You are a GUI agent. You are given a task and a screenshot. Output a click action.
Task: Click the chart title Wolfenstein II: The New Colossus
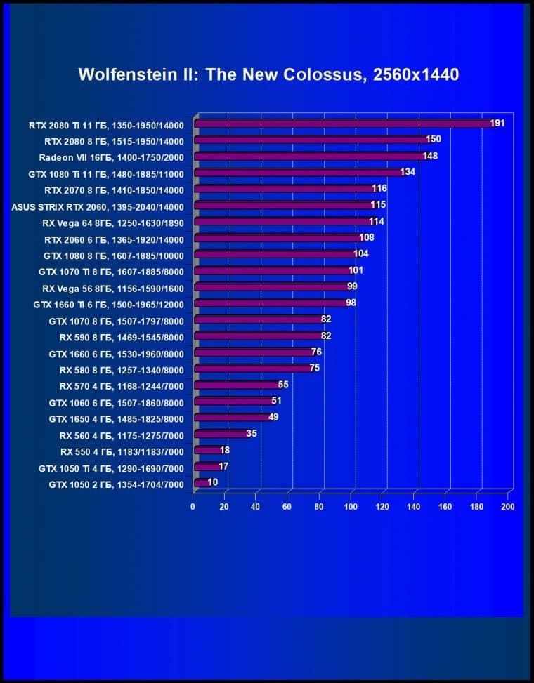[268, 74]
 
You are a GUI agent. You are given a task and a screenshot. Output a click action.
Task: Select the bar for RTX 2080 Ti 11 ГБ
[344, 124]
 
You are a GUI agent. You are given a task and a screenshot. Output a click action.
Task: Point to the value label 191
[497, 124]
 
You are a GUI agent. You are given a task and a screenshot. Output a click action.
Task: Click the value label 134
[408, 172]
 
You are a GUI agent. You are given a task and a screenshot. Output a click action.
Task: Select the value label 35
[252, 434]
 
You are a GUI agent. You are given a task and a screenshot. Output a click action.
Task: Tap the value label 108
[367, 238]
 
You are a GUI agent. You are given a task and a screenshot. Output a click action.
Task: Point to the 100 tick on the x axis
[350, 507]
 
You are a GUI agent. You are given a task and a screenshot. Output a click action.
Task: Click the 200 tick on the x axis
[507, 507]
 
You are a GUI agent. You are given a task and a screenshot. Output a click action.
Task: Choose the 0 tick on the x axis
[193, 507]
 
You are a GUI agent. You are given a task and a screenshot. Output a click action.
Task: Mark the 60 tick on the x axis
[287, 507]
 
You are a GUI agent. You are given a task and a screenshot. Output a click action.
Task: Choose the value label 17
[224, 466]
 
